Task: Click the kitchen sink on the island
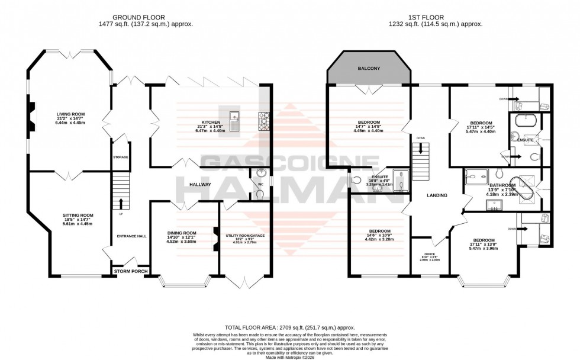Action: pos(236,120)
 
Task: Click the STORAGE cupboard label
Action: pos(121,157)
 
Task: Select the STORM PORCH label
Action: pos(131,271)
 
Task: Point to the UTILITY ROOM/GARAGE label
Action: pos(246,234)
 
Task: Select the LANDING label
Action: pos(437,195)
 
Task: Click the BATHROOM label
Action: pos(501,185)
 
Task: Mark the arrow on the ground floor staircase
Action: pos(121,199)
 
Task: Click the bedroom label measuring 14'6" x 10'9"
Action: pos(379,231)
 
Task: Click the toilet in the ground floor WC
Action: pos(260,195)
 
